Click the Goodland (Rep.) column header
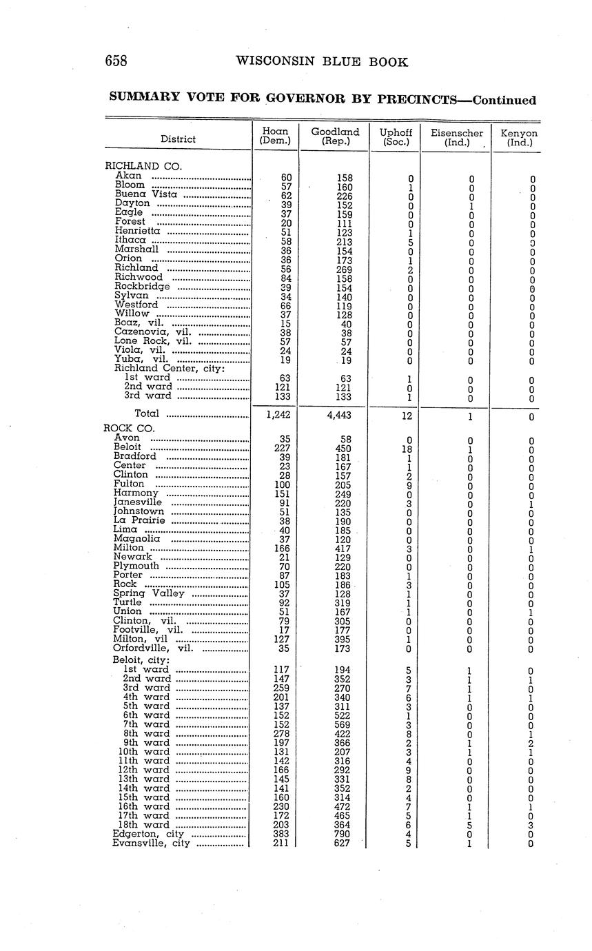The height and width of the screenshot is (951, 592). (x=335, y=136)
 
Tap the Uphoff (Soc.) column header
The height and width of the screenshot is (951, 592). (x=396, y=136)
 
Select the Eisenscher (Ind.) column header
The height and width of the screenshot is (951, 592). (x=457, y=136)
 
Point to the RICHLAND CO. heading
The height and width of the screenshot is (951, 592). (x=143, y=166)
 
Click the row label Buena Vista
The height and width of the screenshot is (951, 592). (x=146, y=194)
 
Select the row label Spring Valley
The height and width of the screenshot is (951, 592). (x=149, y=593)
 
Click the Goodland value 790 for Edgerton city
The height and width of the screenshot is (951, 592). (x=340, y=834)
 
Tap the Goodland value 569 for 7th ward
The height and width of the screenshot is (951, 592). (x=340, y=725)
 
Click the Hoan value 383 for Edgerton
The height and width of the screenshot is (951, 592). (x=281, y=834)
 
